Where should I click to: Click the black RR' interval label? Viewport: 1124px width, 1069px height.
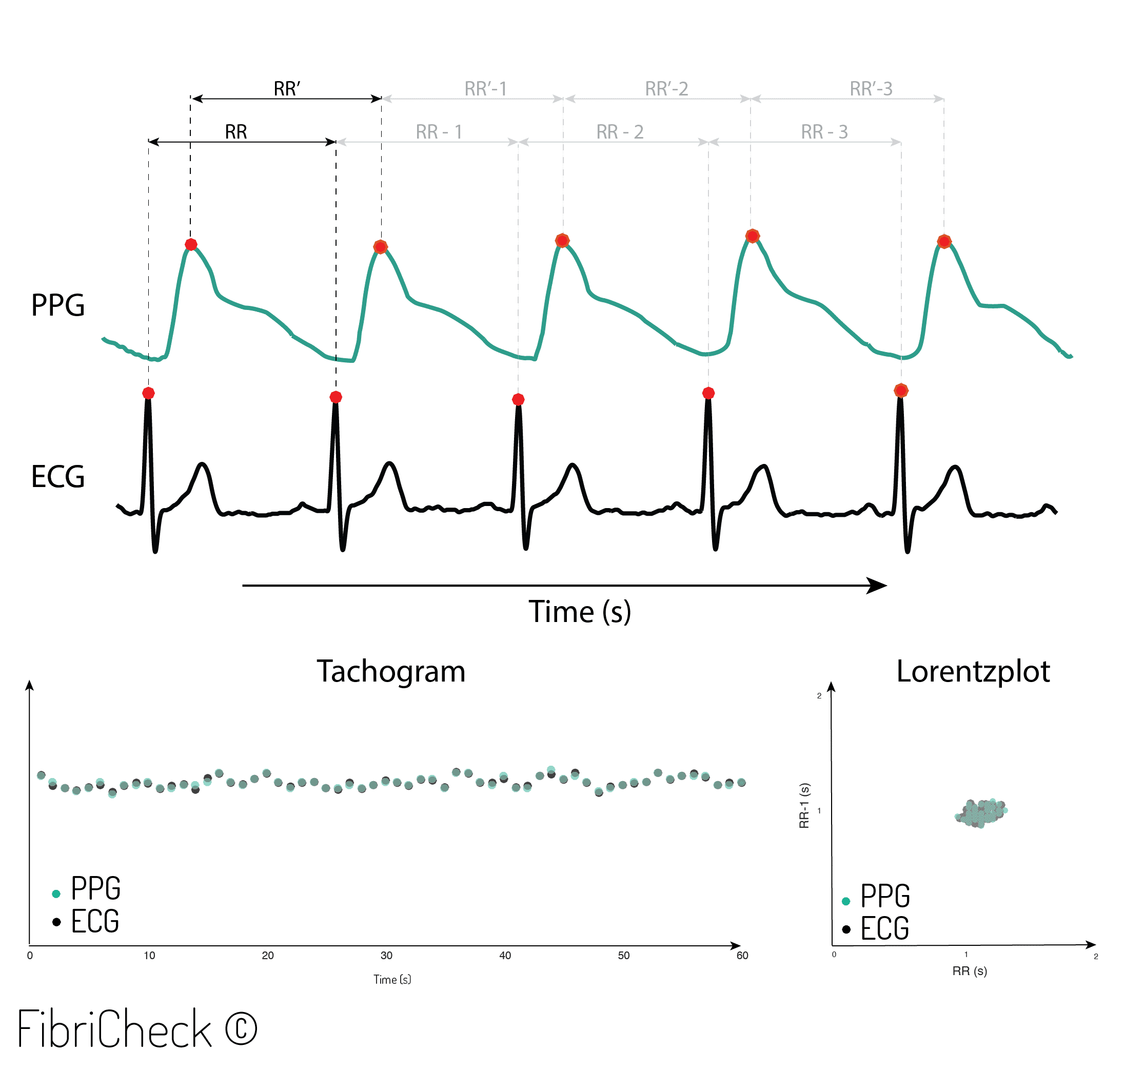287,89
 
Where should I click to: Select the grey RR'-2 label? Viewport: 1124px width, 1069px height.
666,89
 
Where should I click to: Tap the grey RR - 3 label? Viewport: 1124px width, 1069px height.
824,132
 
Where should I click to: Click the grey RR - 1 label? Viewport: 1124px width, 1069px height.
439,132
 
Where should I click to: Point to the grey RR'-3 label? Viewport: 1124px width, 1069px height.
871,89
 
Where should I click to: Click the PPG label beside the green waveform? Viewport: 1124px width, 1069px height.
57,305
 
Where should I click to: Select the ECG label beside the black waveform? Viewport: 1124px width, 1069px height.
57,477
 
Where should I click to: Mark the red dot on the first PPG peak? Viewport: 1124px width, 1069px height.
191,244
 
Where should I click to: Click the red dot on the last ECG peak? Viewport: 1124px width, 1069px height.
900,391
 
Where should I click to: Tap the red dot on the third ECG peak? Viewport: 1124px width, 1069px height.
518,399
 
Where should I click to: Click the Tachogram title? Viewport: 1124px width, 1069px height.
391,671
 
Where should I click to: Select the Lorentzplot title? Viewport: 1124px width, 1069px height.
973,671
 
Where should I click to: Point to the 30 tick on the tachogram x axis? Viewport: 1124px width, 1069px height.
386,956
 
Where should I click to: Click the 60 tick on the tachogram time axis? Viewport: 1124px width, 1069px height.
742,956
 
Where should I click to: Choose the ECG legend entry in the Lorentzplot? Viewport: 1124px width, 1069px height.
883,929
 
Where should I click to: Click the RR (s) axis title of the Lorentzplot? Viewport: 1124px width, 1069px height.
969,971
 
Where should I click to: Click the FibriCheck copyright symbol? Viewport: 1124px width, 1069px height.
241,1028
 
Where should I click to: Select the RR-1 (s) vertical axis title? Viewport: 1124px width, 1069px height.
804,805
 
